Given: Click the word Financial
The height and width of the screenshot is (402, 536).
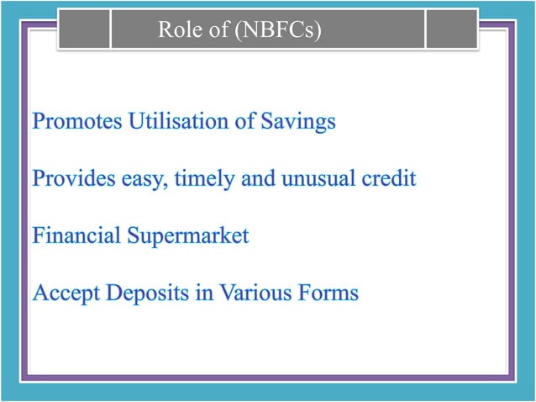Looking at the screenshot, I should tap(76, 236).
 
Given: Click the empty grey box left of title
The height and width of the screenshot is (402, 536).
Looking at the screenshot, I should tap(85, 30).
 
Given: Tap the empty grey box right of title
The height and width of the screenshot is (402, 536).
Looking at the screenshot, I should tap(452, 30).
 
